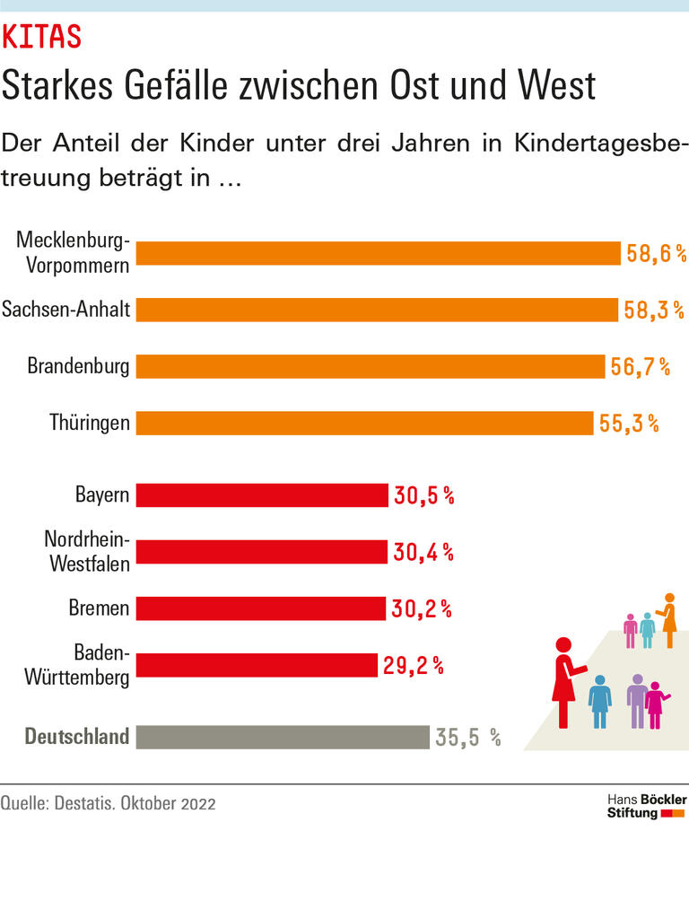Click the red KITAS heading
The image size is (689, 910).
(x=42, y=38)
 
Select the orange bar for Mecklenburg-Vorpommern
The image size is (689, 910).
(x=378, y=253)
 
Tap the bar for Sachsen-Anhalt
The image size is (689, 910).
(x=377, y=310)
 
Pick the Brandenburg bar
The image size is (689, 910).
(x=370, y=366)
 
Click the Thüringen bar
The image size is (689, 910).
(x=364, y=423)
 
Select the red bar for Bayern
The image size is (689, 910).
(x=262, y=495)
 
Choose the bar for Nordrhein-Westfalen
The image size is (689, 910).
(x=261, y=552)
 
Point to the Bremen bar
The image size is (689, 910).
(x=260, y=608)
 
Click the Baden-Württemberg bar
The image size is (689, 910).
(x=257, y=665)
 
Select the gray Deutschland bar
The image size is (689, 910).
(x=283, y=737)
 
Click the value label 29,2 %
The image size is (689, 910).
(x=414, y=665)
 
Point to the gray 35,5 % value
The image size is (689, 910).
(x=467, y=738)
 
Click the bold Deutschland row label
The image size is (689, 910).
(x=77, y=737)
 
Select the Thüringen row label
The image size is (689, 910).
(x=90, y=423)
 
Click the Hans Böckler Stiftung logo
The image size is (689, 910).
(x=646, y=806)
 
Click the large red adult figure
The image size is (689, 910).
(x=564, y=682)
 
